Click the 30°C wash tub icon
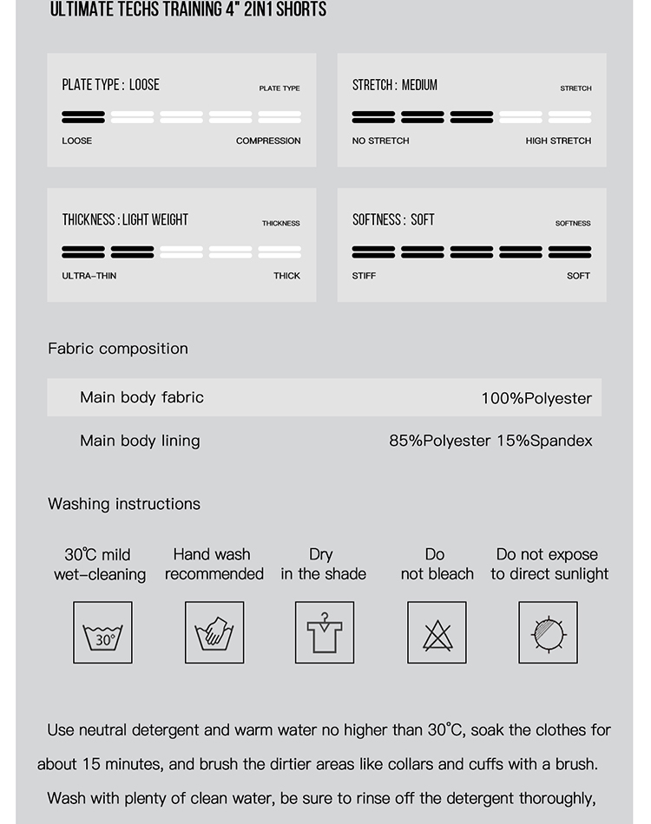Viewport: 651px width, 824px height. [102, 633]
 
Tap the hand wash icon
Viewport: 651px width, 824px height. [214, 633]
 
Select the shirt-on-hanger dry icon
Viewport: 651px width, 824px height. [324, 633]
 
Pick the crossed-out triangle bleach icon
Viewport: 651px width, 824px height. [437, 633]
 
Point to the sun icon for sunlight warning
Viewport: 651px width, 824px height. [548, 633]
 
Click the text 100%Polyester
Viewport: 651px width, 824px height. [536, 398]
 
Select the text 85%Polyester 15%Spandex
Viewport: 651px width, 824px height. [490, 441]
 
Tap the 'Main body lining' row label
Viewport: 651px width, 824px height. [140, 441]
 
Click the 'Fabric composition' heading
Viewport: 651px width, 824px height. [118, 349]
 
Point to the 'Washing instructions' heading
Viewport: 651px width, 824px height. [124, 504]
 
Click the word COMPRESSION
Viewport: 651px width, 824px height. [268, 141]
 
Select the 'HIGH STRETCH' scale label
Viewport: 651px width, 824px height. [558, 141]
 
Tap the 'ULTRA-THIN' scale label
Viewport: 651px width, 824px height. [89, 276]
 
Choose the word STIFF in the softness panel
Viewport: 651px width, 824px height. [364, 276]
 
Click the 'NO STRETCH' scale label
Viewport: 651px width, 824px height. [380, 141]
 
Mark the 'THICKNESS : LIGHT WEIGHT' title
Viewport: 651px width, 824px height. [125, 220]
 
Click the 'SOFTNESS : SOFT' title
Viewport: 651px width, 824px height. [393, 220]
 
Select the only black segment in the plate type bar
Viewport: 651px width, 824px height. [83, 116]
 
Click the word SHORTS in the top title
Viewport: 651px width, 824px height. [301, 10]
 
